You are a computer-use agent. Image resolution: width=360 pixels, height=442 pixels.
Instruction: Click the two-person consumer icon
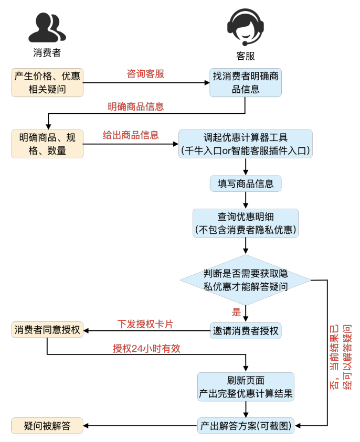click(47, 28)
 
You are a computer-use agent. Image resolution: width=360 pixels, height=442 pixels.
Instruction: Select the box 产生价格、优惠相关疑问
click(47, 83)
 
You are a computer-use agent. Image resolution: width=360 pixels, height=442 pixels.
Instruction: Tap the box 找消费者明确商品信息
click(246, 83)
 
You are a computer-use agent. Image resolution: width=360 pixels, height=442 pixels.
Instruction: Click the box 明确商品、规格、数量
click(47, 144)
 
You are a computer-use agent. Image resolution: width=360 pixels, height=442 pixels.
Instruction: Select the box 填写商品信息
click(246, 184)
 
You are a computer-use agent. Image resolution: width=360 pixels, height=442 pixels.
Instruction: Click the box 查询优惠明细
click(246, 223)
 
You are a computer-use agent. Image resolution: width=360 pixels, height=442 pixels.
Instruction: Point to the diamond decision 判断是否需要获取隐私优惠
click(246, 280)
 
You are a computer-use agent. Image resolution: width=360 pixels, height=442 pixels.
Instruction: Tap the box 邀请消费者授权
click(246, 331)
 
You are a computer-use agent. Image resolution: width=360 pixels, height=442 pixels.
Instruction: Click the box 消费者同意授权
click(47, 330)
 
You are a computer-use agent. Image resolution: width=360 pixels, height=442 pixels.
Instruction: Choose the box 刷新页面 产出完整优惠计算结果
click(246, 387)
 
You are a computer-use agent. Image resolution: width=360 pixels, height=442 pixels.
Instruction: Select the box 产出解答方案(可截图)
click(246, 426)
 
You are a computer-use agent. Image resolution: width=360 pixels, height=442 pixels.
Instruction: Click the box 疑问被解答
click(47, 426)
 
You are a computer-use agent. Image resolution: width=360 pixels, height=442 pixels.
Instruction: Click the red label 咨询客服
click(145, 74)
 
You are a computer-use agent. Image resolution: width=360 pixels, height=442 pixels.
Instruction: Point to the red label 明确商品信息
click(136, 107)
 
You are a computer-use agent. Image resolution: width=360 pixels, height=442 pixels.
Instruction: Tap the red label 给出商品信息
click(131, 135)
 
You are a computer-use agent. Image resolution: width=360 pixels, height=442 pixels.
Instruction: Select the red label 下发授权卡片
click(145, 325)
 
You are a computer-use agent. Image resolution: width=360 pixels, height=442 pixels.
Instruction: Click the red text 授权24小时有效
click(146, 349)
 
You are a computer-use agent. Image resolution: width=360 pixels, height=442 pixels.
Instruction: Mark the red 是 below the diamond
click(237, 312)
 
